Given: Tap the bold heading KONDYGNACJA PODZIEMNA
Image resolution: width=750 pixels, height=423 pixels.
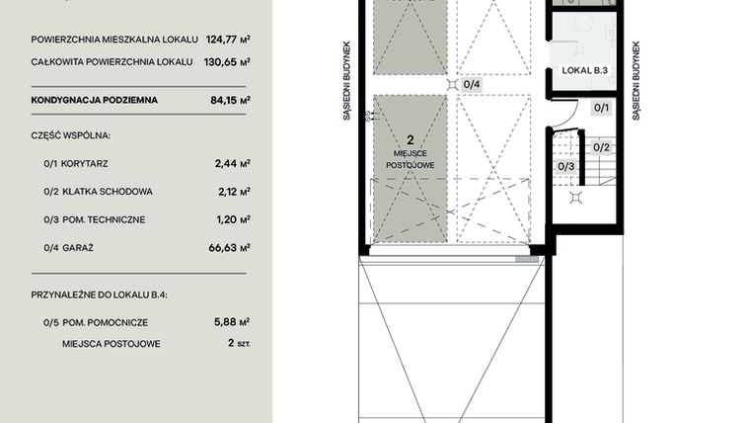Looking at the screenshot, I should [94, 100].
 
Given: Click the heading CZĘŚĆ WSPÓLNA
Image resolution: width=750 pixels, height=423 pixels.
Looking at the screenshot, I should [70, 134].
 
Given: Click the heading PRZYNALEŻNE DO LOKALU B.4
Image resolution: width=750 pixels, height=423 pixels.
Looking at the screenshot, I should [94, 296].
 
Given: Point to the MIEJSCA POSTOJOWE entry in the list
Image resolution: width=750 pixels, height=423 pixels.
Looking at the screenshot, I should [111, 344].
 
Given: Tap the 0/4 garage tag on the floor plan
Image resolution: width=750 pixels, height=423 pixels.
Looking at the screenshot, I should [472, 85].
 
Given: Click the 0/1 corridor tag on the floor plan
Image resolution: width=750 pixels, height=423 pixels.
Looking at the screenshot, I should [600, 108].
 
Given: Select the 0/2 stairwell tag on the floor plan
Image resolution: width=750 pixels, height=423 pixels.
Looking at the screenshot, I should [600, 147].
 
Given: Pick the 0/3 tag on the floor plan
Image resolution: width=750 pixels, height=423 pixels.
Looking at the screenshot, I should [566, 166].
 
